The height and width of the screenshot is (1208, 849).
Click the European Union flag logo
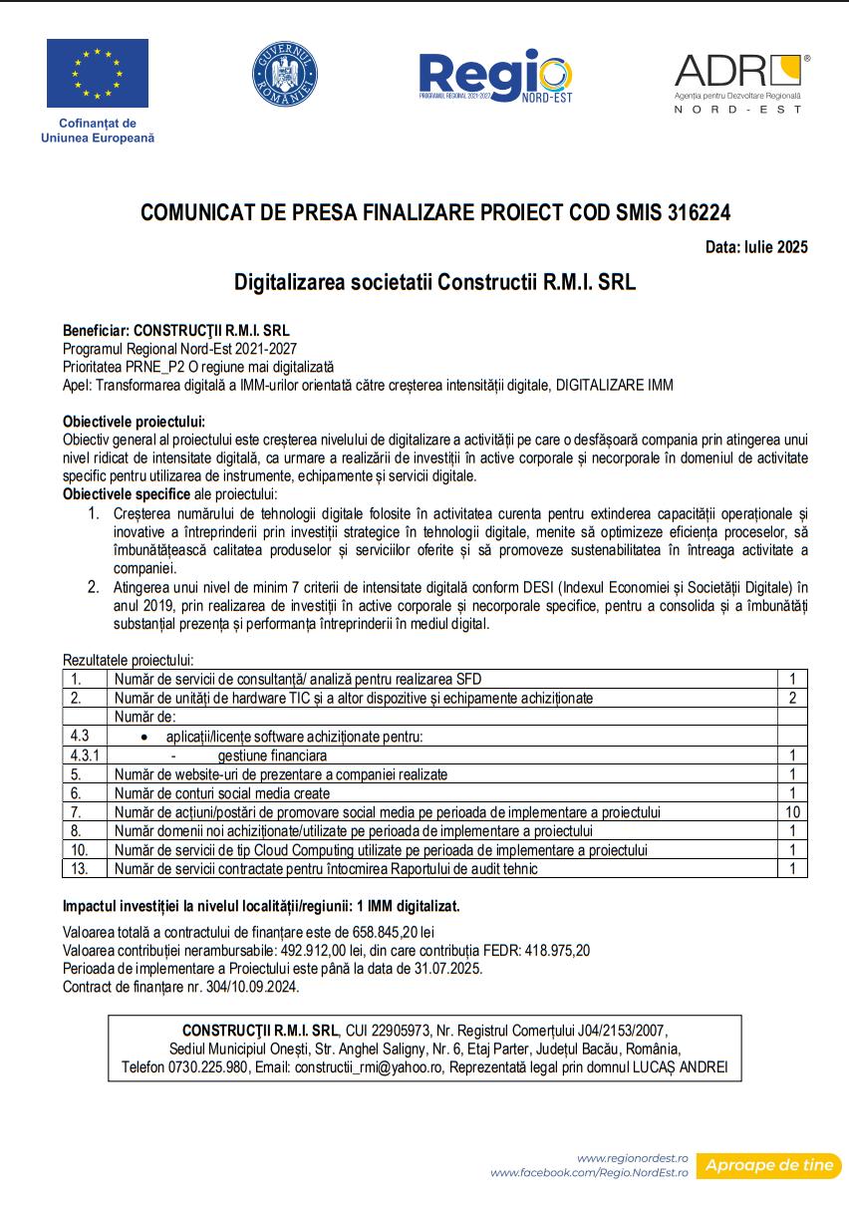click(97, 73)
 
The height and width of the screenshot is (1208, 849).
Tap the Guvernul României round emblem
click(285, 75)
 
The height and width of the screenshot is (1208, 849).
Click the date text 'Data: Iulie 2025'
click(755, 247)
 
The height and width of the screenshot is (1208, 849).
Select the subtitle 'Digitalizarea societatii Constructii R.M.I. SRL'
click(434, 282)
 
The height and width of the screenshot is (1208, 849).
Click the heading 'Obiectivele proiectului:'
click(134, 422)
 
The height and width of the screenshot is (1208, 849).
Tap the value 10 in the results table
click(792, 812)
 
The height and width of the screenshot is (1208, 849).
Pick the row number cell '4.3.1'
click(84, 755)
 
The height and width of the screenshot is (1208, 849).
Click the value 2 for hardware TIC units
click(792, 698)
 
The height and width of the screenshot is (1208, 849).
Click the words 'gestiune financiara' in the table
click(272, 755)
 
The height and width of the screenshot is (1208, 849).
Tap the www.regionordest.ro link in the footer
click(632, 1158)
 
